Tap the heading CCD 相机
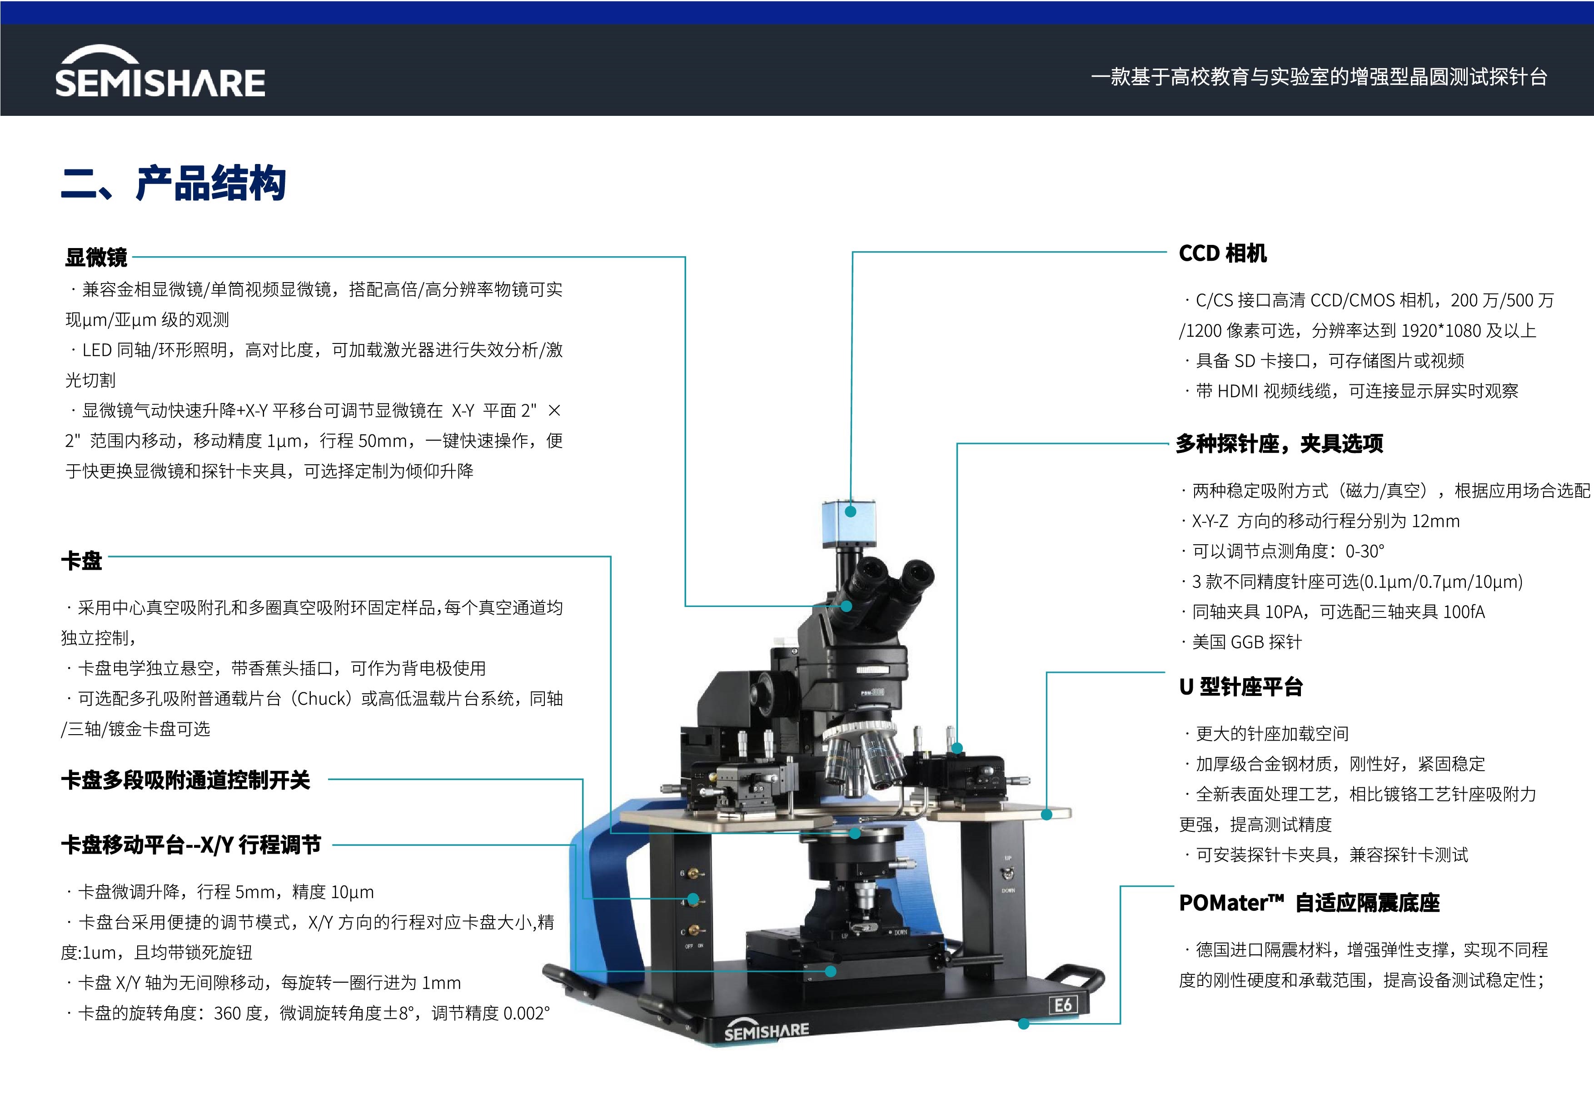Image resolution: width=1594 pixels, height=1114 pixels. (x=1223, y=254)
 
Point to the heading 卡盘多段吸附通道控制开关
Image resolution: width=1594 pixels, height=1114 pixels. (x=185, y=780)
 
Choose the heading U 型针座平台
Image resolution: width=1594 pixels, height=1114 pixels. (x=1240, y=687)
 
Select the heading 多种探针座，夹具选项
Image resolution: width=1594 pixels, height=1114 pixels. (x=1280, y=443)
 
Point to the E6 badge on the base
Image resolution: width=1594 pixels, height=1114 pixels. (x=1063, y=1005)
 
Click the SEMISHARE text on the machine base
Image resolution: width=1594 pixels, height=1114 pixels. (x=767, y=1031)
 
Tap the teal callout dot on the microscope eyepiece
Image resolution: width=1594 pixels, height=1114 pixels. (x=846, y=606)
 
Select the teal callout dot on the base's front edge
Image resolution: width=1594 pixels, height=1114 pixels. (x=1023, y=1024)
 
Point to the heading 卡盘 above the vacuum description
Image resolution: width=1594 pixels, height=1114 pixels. (x=81, y=561)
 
